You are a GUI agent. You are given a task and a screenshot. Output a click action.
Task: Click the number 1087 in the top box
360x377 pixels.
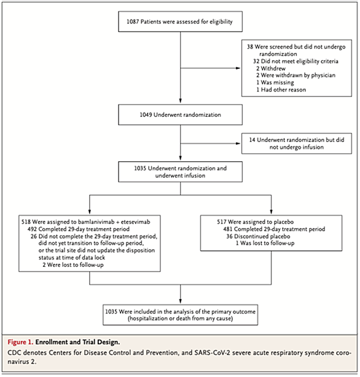[133, 22]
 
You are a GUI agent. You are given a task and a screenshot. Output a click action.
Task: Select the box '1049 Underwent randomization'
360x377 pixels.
[180, 114]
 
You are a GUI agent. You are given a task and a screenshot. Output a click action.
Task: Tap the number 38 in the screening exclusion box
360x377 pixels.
[250, 47]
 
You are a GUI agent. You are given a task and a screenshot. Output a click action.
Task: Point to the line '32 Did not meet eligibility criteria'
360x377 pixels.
[295, 62]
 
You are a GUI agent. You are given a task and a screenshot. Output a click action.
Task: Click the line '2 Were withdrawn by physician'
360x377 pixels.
[295, 75]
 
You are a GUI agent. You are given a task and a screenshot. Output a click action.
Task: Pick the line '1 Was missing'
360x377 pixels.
[275, 82]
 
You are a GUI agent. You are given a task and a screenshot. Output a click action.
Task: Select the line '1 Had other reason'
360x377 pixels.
[281, 90]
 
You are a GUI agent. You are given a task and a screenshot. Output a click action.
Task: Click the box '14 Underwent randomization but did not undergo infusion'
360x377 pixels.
[297, 143]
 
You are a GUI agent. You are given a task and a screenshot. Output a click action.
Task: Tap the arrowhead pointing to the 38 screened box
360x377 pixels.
[238, 68]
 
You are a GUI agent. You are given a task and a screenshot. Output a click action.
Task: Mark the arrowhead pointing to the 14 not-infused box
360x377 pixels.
[238, 143]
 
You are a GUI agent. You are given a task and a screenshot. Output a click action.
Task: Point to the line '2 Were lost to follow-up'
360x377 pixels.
[73, 265]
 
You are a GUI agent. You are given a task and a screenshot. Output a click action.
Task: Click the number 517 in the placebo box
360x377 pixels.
[222, 221]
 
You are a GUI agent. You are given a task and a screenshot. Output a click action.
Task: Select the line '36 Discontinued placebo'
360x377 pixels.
[258, 236]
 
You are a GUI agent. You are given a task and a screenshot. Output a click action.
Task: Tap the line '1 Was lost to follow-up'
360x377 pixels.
[265, 244]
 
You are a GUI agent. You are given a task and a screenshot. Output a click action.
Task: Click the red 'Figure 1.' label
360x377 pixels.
[20, 342]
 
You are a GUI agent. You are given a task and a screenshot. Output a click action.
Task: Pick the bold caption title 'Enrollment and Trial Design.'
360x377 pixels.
[77, 342]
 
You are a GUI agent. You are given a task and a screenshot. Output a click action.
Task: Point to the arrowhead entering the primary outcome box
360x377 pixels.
[181, 301]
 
